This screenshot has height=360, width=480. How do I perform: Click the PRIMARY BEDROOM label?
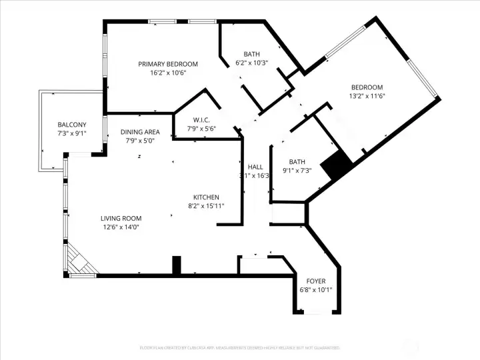tap(167, 64)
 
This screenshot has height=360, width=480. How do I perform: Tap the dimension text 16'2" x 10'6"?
tap(167, 73)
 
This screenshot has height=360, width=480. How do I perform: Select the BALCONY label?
tap(71, 125)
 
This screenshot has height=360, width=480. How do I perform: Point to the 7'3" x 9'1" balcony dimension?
tap(71, 134)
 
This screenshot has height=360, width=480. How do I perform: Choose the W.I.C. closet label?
tap(202, 120)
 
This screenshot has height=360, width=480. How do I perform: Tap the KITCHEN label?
tap(206, 197)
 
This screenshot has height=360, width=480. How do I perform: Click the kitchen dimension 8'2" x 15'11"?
tap(206, 207)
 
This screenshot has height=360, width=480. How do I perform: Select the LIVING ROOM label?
tap(121, 219)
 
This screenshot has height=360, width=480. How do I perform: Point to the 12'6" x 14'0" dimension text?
tap(121, 228)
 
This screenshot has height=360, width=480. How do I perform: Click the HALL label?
tap(255, 167)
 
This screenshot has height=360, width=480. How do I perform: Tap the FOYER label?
tap(316, 281)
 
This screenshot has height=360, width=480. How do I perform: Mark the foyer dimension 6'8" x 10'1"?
tap(316, 290)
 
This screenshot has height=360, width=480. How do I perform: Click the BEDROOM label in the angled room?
tap(367, 87)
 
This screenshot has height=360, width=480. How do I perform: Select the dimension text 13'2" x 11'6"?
tap(367, 97)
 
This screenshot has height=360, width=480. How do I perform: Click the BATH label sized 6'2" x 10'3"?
tap(251, 54)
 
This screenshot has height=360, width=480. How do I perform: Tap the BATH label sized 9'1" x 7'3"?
tap(297, 162)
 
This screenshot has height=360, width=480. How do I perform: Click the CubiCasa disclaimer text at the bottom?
tap(239, 347)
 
